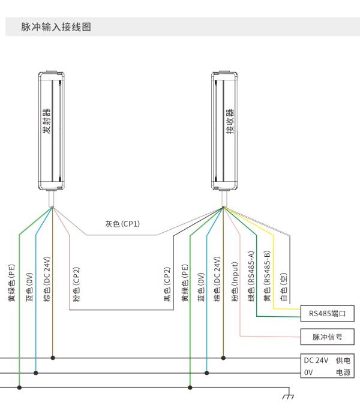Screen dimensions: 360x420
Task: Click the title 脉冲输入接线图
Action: pyautogui.click(x=56, y=27)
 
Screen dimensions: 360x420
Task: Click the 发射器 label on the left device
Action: pyautogui.click(x=46, y=121)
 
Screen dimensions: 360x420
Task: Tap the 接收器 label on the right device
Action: pyautogui.click(x=230, y=121)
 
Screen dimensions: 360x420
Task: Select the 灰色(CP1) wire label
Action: pyautogui.click(x=122, y=224)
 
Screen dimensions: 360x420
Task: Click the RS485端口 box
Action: pyautogui.click(x=328, y=313)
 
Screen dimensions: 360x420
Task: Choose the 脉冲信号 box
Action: pyautogui.click(x=328, y=337)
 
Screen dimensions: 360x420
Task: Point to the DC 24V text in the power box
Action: pyautogui.click(x=316, y=361)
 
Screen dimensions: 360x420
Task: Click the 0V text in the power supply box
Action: pyautogui.click(x=308, y=373)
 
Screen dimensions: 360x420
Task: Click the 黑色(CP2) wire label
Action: pyautogui.click(x=167, y=284)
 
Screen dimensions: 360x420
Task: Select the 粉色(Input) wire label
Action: pyautogui.click(x=235, y=281)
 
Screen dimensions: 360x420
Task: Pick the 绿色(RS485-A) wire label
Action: pyautogui.click(x=251, y=276)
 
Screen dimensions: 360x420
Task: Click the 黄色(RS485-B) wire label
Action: pyautogui.click(x=268, y=276)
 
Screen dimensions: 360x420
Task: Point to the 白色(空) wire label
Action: pyautogui.click(x=284, y=287)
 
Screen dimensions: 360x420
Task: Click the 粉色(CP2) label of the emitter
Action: pyautogui.click(x=77, y=284)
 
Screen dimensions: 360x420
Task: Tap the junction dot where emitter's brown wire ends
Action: pyautogui.click(x=53, y=358)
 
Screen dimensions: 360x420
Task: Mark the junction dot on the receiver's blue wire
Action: pyautogui.click(x=206, y=373)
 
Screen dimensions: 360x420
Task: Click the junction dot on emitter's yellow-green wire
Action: pyautogui.click(x=19, y=388)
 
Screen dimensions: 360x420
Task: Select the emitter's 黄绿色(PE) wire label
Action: pyautogui.click(x=11, y=283)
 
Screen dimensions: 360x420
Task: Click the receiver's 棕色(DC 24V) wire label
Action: pyautogui.click(x=217, y=279)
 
